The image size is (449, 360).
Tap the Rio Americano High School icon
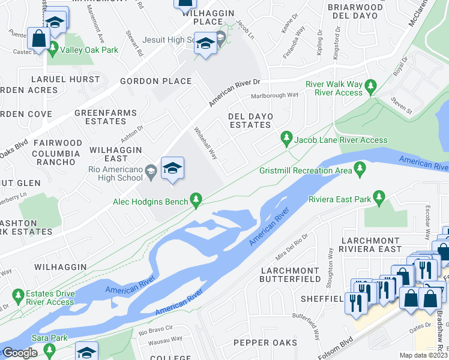point(172,170)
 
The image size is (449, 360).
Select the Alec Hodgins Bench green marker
point(196,199)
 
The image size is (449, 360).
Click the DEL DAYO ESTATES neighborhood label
point(250,120)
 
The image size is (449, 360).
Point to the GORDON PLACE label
point(155,81)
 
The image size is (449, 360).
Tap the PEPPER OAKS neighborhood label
point(265,343)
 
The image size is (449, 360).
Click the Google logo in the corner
point(20,353)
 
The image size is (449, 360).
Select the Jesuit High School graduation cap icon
point(205,44)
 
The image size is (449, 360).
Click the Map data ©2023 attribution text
point(424,355)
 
